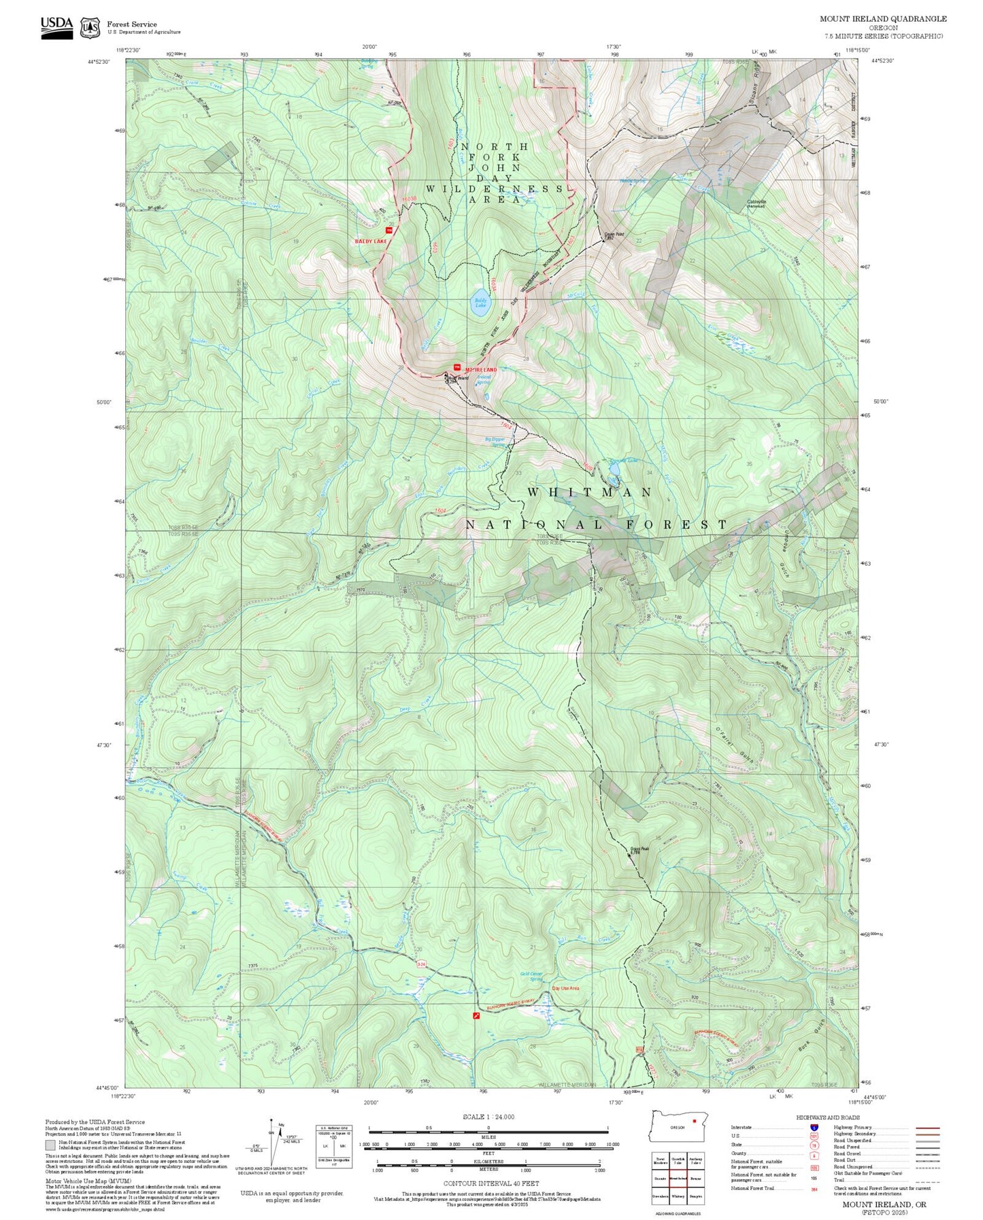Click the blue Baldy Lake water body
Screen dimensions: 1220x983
(481, 302)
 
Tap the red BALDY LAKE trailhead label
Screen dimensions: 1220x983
(371, 241)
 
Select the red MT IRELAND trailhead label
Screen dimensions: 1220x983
(481, 369)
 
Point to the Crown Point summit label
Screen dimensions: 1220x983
(614, 235)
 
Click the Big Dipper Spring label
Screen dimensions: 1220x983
(495, 442)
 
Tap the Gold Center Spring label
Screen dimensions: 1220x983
(531, 977)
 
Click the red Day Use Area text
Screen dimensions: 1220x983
(565, 988)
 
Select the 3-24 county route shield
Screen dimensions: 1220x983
(421, 964)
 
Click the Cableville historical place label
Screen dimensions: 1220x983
(756, 203)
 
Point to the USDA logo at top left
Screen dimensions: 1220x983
(56, 26)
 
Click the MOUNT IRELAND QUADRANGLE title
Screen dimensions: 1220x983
(882, 19)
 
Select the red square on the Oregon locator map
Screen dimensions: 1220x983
(694, 1120)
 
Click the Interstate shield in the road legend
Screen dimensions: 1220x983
(814, 1128)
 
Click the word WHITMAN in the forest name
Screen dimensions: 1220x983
(590, 492)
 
